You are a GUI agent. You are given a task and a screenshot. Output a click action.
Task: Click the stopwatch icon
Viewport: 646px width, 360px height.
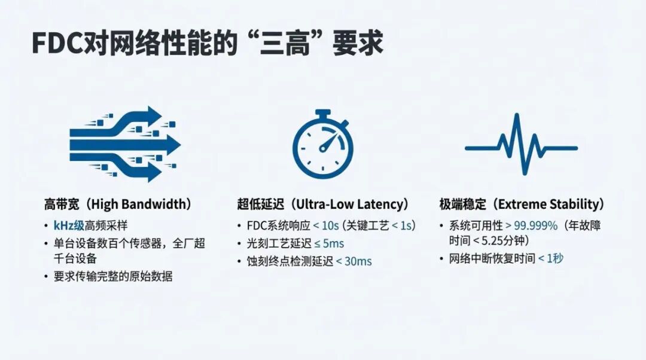pos(323,144)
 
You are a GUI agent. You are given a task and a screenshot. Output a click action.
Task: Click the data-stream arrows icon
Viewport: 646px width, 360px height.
pos(125,144)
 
